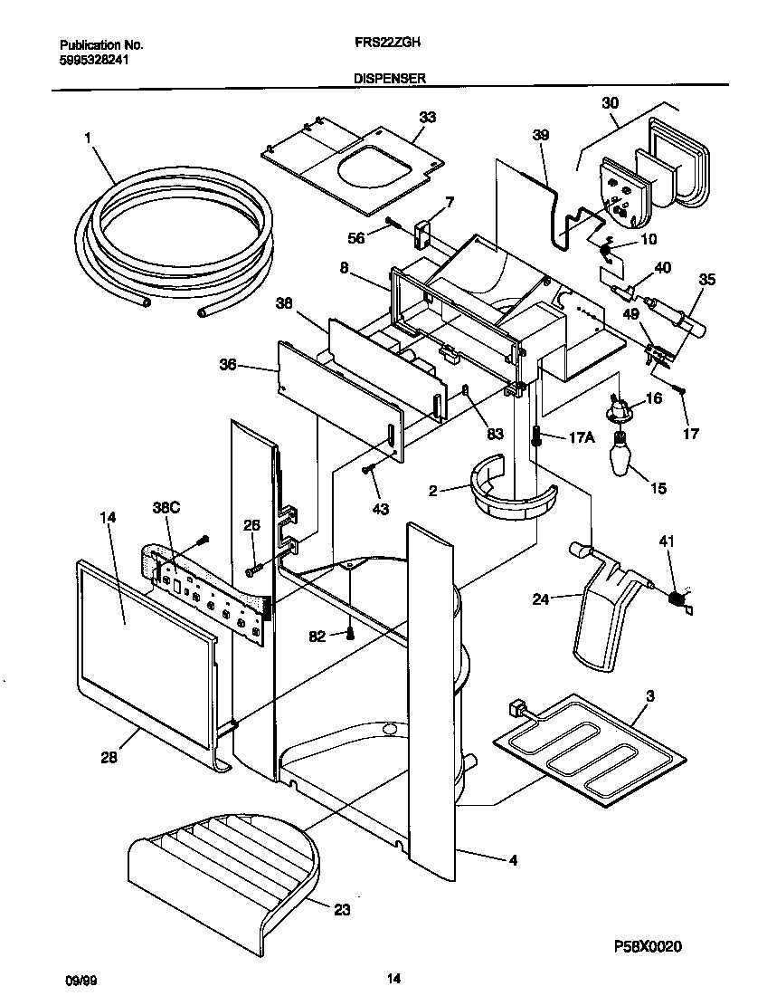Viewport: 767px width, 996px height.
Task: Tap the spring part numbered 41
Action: point(676,598)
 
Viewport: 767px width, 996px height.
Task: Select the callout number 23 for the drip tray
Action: point(342,910)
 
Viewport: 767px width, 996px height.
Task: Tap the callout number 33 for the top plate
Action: point(428,117)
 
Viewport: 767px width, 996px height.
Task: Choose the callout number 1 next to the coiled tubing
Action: point(88,137)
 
